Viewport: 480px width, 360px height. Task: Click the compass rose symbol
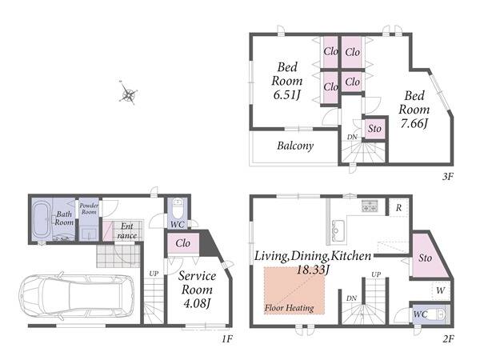coord(128,93)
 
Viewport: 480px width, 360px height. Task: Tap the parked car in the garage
coord(77,296)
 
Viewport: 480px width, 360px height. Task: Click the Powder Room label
coord(89,209)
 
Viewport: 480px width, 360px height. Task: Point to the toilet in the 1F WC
coord(178,207)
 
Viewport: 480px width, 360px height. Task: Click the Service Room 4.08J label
coord(197,290)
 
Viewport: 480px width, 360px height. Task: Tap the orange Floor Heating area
coord(294,290)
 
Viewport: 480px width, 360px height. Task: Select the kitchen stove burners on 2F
coord(370,206)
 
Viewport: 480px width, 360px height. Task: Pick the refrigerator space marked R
coord(398,207)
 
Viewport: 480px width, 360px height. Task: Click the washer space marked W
coord(441,290)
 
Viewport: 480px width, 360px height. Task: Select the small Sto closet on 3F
coord(374,129)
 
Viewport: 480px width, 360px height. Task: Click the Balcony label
coord(295,146)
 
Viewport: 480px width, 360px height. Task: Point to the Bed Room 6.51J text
coord(287,81)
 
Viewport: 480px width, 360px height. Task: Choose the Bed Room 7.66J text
coord(414,110)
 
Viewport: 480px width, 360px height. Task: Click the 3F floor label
coord(447,177)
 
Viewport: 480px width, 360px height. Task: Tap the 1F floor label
coord(227,339)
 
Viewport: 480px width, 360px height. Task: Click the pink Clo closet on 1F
coord(183,244)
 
